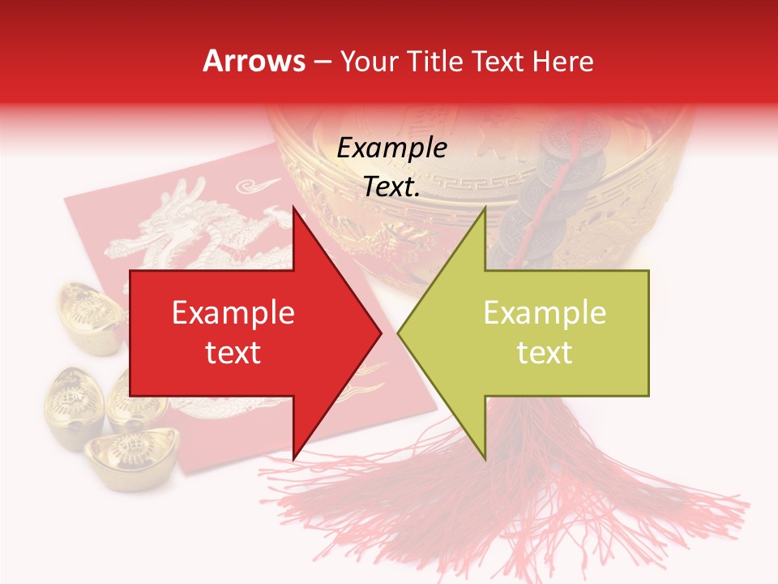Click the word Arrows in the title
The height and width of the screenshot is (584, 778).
254,61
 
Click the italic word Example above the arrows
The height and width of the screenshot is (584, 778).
391,148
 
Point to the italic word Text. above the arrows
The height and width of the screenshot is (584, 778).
391,187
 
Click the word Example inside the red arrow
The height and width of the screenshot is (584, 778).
233,313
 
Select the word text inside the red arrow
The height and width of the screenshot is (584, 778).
233,353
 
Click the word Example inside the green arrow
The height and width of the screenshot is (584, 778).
545,313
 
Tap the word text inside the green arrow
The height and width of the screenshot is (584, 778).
545,353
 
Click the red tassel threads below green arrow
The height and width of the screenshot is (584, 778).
519,495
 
